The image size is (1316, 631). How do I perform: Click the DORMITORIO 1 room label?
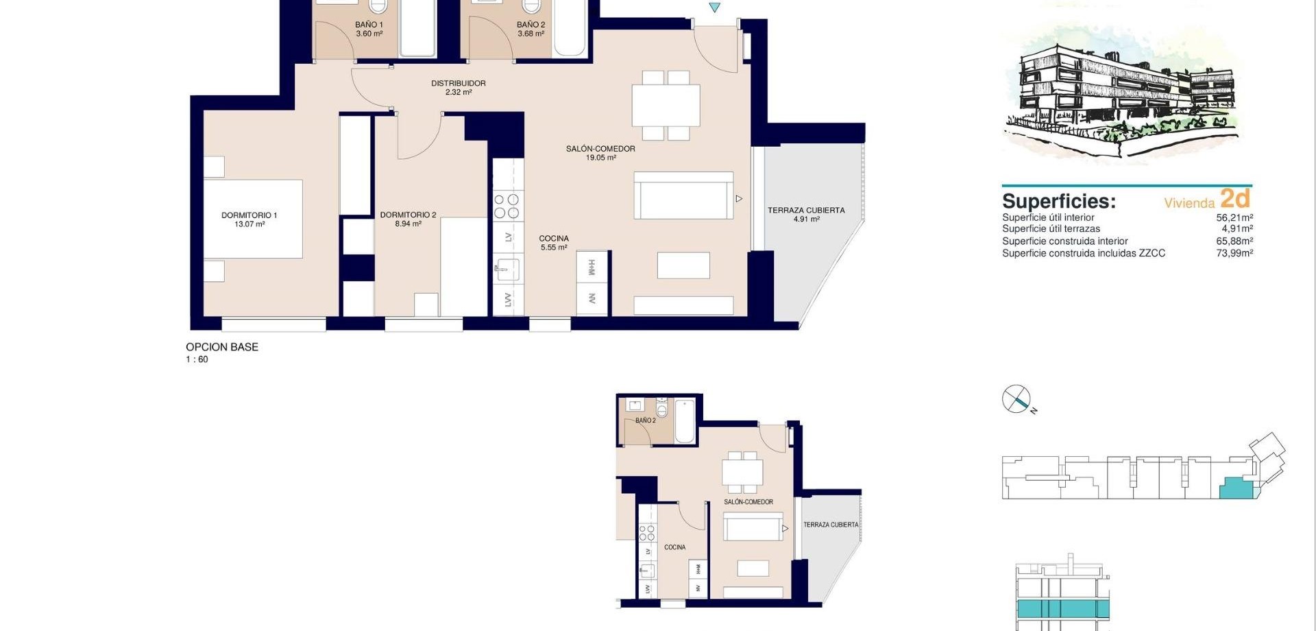[x=249, y=215]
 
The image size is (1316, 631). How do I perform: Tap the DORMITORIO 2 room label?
[x=408, y=215]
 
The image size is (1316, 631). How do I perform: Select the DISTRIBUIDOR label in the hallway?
[x=459, y=83]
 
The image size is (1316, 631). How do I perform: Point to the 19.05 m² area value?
[x=600, y=158]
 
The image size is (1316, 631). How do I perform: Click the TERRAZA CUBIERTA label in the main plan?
[x=806, y=211]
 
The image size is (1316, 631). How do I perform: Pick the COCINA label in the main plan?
[x=554, y=239]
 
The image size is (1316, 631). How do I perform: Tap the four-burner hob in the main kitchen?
[x=507, y=206]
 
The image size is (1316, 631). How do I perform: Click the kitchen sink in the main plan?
[x=507, y=270]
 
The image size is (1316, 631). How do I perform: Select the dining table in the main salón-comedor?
[x=666, y=106]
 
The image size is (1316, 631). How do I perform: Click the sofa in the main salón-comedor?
[x=683, y=195]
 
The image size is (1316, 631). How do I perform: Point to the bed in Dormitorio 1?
[x=253, y=219]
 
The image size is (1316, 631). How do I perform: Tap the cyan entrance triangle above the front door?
[x=715, y=8]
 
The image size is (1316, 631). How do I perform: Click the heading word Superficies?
[x=1059, y=202]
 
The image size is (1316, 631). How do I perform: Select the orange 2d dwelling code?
[x=1235, y=198]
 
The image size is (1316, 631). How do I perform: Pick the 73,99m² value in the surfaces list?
[x=1234, y=253]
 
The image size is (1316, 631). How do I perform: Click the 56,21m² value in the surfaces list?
[x=1234, y=217]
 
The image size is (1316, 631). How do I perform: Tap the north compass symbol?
[x=1016, y=399]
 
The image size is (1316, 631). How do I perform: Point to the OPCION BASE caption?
[x=222, y=347]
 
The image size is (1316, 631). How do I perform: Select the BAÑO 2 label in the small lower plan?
[x=645, y=420]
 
